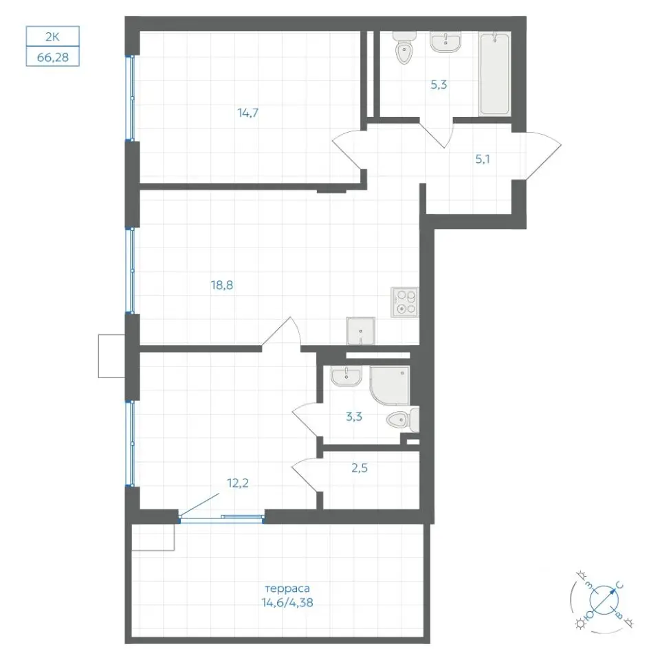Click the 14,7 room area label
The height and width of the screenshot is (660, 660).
(x=248, y=113)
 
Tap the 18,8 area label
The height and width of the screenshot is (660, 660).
(x=222, y=285)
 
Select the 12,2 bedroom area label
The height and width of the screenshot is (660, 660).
(x=238, y=483)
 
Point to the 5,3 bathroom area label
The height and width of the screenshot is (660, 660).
(x=439, y=85)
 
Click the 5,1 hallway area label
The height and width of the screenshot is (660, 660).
(x=483, y=159)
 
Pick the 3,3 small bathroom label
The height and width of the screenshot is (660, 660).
(x=354, y=417)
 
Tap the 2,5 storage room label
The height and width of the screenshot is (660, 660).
(x=360, y=468)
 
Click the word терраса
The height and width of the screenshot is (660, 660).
(x=287, y=588)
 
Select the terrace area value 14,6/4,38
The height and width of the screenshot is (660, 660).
(x=287, y=603)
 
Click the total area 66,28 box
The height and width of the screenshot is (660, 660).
(x=53, y=56)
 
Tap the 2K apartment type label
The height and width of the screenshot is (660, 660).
(x=53, y=36)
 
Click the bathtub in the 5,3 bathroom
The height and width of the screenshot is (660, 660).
(x=494, y=74)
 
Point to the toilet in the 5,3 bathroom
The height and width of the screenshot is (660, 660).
(x=404, y=47)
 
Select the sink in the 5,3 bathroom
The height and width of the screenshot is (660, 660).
(x=445, y=42)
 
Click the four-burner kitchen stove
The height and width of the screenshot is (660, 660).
(x=404, y=302)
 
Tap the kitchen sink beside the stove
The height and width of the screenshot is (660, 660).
(x=361, y=331)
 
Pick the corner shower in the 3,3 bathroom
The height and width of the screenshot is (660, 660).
(x=389, y=386)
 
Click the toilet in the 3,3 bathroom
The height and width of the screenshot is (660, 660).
(x=403, y=419)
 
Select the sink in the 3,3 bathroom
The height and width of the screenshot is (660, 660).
(x=346, y=375)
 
